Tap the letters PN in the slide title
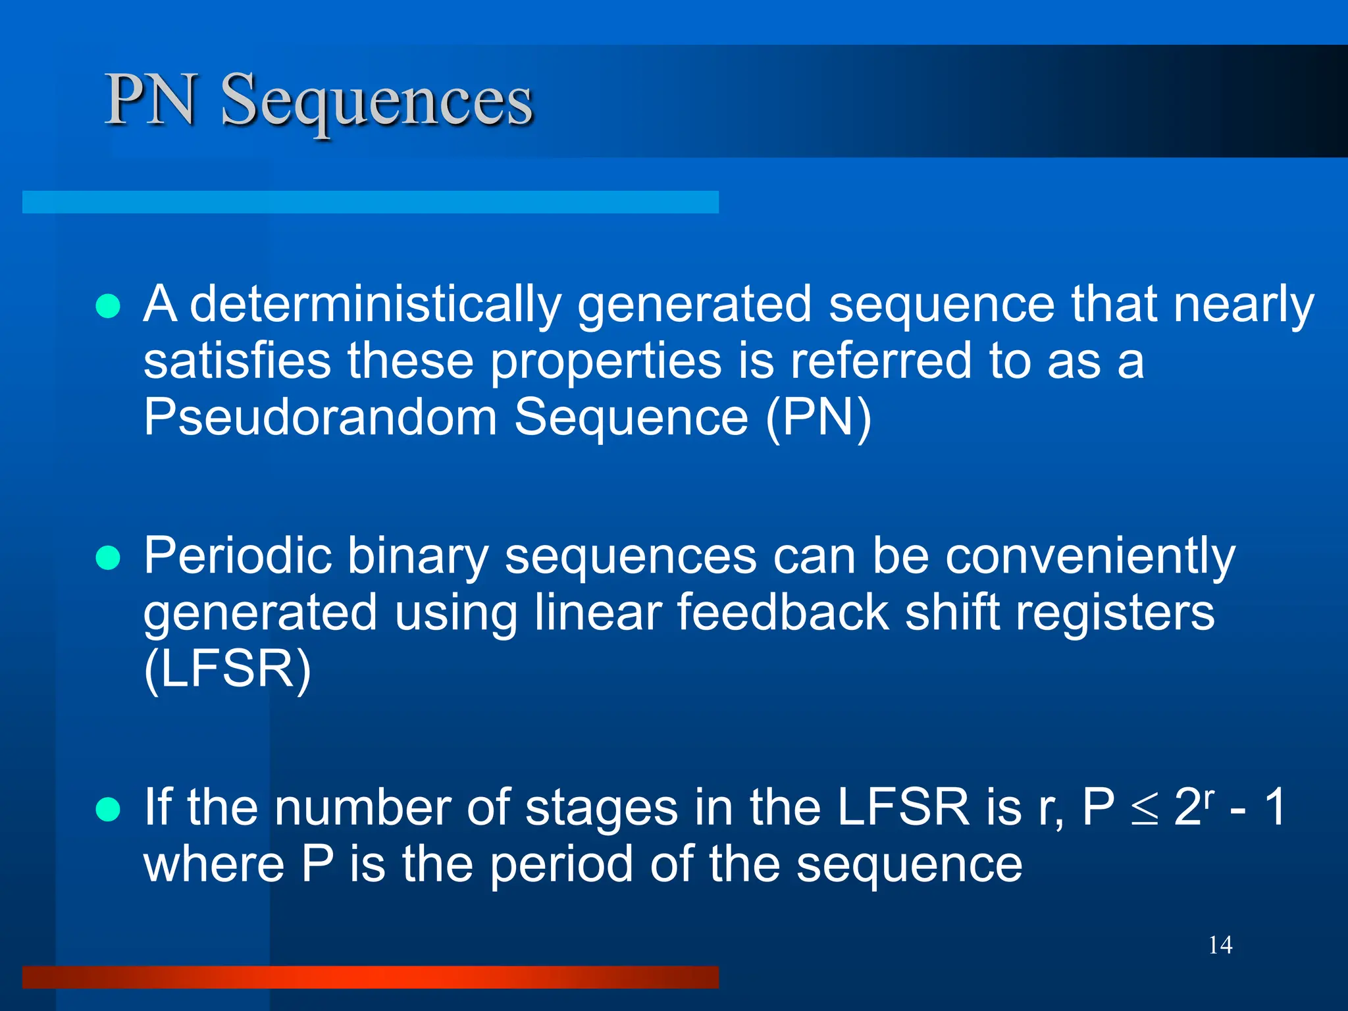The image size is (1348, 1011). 151,100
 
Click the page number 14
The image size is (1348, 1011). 1220,945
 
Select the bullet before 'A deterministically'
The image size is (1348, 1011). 108,306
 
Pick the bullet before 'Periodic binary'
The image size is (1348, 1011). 108,558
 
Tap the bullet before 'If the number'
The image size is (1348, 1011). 108,810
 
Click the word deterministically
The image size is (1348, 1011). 375,305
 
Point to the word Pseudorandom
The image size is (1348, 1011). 320,418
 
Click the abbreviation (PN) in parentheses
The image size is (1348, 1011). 818,418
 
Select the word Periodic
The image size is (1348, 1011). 237,557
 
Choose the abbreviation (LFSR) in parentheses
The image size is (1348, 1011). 227,670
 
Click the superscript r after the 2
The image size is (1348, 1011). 1209,796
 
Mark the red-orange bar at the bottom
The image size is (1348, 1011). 370,977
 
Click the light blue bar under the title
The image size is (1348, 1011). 370,202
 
